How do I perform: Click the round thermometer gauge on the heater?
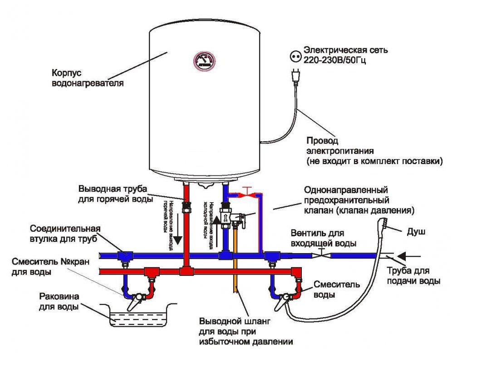tap(205, 62)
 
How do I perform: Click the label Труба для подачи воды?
tap(413, 276)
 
